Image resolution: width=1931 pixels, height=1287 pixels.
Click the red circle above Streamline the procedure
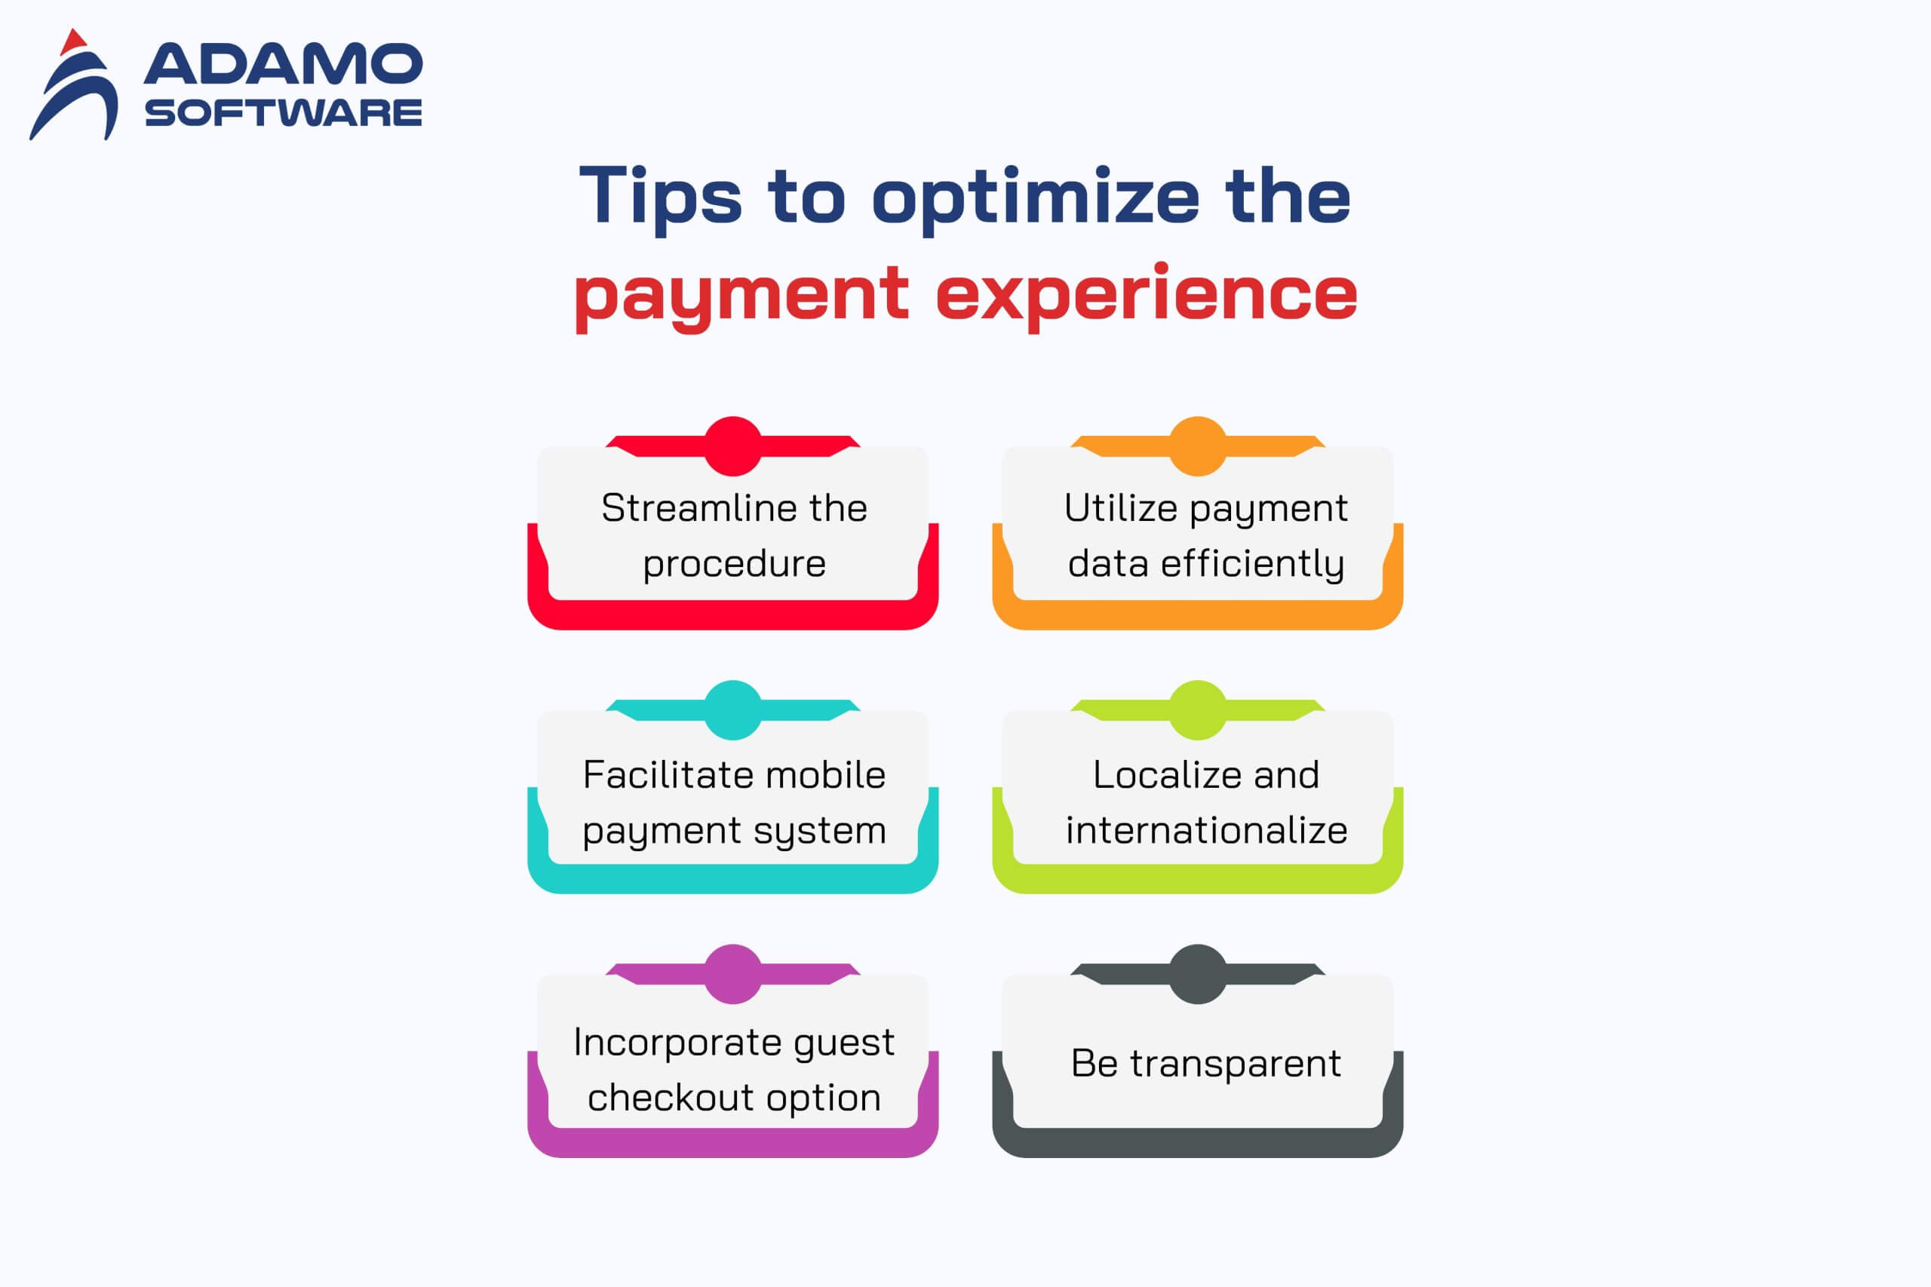733,446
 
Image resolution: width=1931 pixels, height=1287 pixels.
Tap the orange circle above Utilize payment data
1198,446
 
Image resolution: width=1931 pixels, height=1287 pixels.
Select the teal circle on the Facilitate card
733,710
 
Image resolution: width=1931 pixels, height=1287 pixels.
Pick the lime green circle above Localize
1198,710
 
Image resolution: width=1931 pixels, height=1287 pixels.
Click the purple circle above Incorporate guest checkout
733,974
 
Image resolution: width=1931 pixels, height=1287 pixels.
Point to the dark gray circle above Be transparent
1198,974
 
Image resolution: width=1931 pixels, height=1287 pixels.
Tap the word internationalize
1206,830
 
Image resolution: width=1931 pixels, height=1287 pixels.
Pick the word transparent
1236,1065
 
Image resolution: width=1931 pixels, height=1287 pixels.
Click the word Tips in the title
660,198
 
